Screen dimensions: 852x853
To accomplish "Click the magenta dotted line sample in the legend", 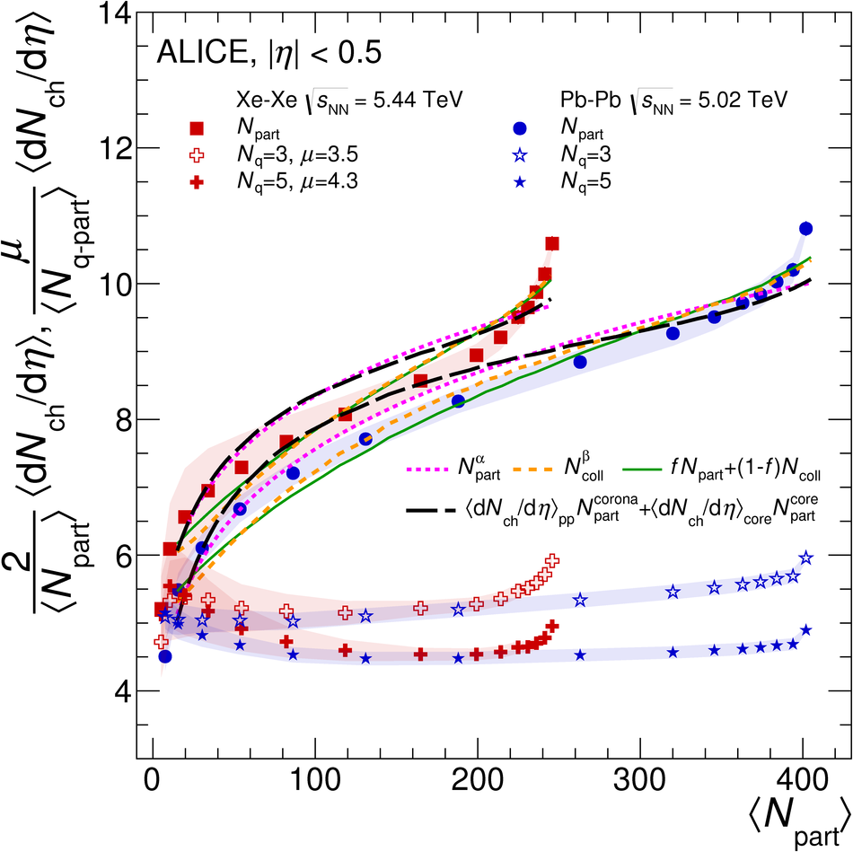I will pos(427,468).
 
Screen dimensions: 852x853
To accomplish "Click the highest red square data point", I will pos(551,243).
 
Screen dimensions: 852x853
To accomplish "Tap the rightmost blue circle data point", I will pos(805,228).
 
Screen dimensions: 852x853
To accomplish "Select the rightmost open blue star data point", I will pos(805,558).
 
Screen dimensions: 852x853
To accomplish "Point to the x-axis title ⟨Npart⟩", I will pos(794,812).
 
